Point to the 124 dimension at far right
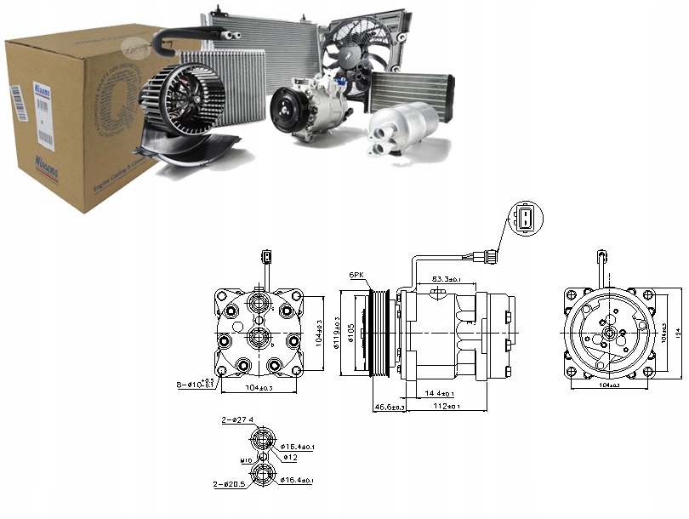point(676,334)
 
